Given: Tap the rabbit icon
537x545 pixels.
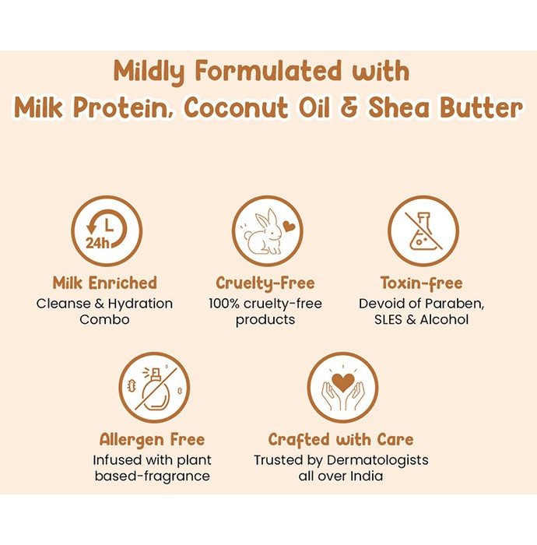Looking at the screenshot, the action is (264, 232).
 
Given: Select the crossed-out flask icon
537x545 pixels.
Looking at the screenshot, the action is (423, 231).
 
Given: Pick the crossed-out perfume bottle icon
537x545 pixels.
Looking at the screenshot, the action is (154, 388).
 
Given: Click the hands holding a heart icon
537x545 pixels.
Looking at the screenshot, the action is (343, 388).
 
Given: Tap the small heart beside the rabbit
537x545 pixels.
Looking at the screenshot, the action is (289, 227).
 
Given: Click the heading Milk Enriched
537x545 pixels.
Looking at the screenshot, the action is (104, 283).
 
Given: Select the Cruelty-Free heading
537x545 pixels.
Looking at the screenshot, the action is (265, 283).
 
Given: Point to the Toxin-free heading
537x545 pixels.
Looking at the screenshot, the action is (421, 283).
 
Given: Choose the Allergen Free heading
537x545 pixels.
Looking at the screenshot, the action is (152, 440).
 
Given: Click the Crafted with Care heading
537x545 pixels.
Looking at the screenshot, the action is (341, 440).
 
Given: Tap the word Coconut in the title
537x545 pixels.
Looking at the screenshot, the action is (236, 107).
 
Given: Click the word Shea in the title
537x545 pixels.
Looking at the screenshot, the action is (402, 107).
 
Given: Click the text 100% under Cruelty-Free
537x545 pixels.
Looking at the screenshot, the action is (223, 304).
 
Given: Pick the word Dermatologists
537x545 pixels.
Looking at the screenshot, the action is (377, 461).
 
